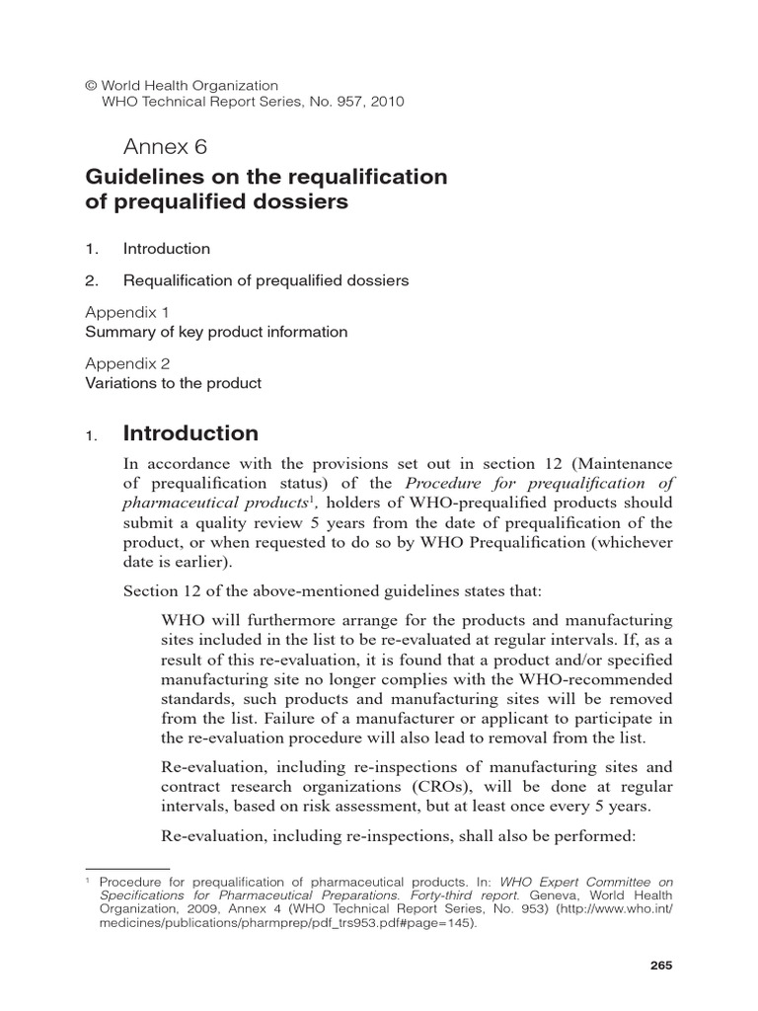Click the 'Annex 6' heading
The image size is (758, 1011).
tap(165, 147)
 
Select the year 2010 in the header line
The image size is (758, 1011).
tap(386, 101)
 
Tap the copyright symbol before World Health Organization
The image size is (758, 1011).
tap(93, 86)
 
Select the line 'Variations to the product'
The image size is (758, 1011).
tap(173, 382)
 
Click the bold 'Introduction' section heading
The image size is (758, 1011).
tap(190, 433)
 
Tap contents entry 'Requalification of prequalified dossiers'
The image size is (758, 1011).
tap(265, 280)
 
